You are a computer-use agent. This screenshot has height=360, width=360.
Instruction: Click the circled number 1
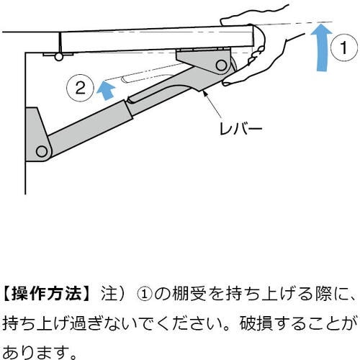coord(343,49)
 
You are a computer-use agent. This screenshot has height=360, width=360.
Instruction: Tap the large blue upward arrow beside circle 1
coord(320,50)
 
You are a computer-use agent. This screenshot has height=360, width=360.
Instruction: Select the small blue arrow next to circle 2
coord(106,89)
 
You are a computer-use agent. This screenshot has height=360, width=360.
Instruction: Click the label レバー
coord(239,130)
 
